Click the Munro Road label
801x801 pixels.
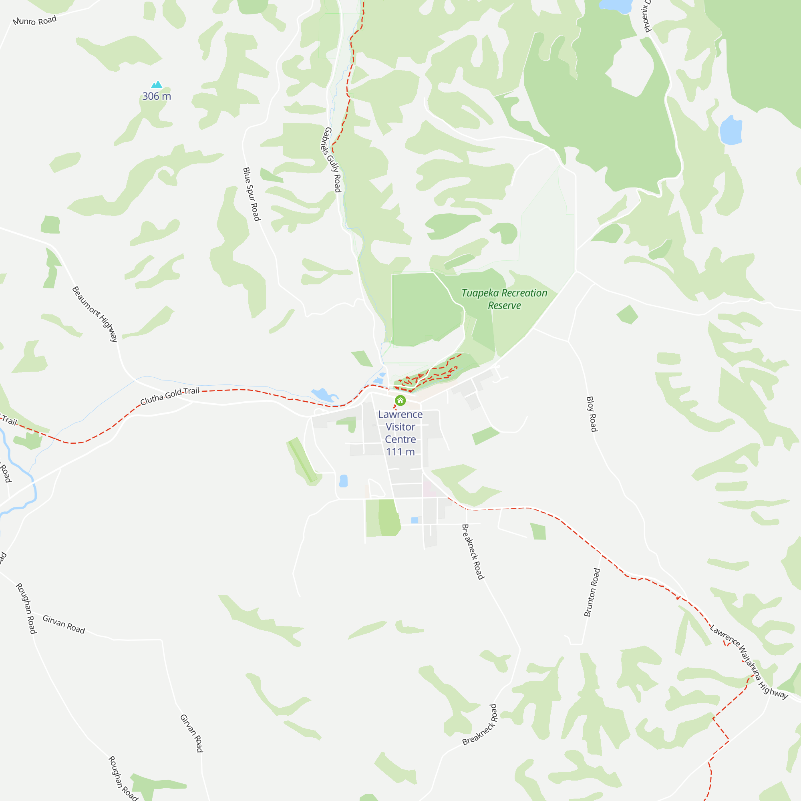34,21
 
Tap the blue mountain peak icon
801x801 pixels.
157,85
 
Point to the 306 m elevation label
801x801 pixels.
157,96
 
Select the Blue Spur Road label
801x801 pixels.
251,194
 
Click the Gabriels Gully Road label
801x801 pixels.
332,160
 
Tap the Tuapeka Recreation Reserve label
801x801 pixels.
504,299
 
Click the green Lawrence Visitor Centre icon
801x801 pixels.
400,400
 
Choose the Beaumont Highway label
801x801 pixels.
95,314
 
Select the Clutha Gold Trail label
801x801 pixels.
169,396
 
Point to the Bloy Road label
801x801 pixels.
592,414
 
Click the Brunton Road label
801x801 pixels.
592,592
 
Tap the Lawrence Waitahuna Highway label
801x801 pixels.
749,662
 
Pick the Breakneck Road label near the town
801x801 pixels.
473,551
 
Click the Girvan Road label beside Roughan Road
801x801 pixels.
64,624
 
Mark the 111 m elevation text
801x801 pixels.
400,452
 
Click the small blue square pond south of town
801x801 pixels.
415,520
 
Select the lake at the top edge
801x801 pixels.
615,5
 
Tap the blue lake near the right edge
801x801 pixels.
731,130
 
